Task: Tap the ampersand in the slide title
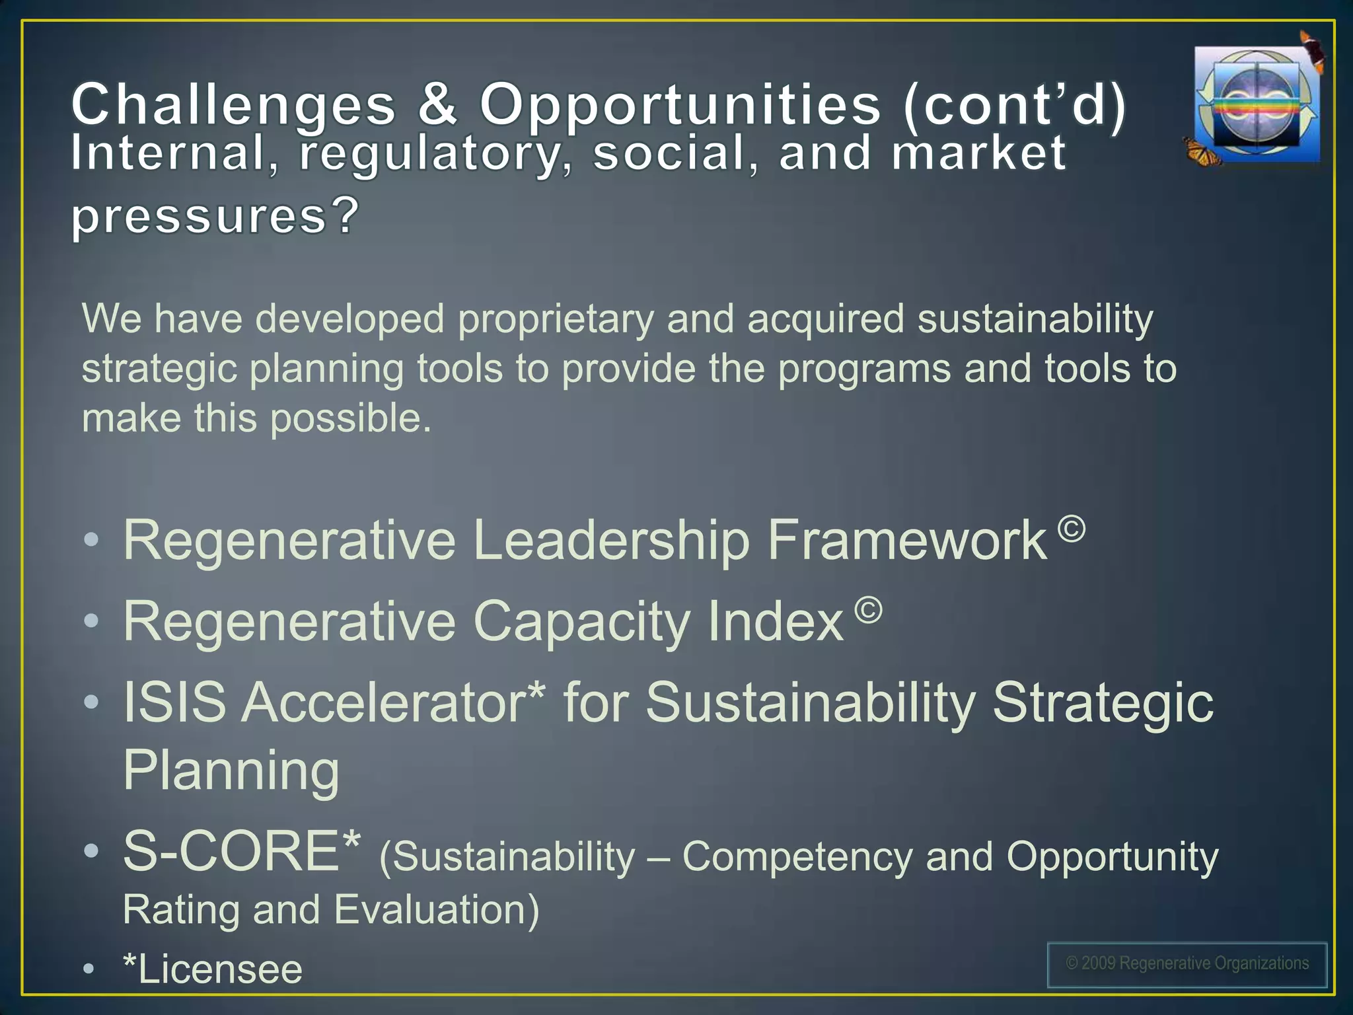pyautogui.click(x=437, y=104)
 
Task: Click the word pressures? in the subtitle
pyautogui.click(x=215, y=217)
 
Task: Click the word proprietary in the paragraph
pyautogui.click(x=555, y=320)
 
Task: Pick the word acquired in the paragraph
pyautogui.click(x=825, y=320)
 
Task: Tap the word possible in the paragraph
pyautogui.click(x=350, y=419)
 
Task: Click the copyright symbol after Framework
pyautogui.click(x=1071, y=529)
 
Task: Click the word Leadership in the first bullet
pyautogui.click(x=611, y=541)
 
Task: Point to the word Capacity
pyautogui.click(x=581, y=622)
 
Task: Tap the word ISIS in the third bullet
pyautogui.click(x=174, y=702)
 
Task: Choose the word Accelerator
pyautogui.click(x=393, y=702)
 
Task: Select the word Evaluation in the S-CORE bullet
pyautogui.click(x=436, y=910)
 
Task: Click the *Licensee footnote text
pyautogui.click(x=213, y=969)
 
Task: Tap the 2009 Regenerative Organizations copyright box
pyautogui.click(x=1187, y=964)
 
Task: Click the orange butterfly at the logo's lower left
pyautogui.click(x=1202, y=152)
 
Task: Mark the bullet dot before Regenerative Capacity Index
pyautogui.click(x=92, y=621)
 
